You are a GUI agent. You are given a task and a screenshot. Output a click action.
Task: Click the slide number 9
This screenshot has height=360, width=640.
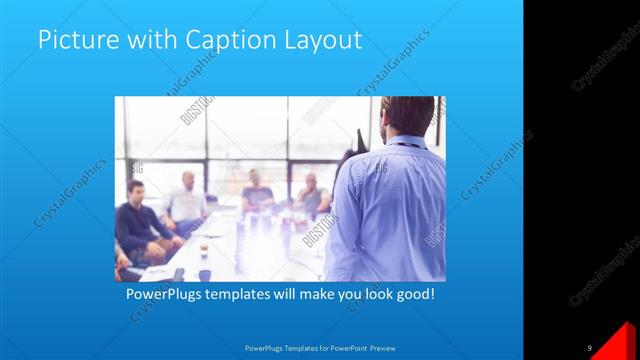[590, 347]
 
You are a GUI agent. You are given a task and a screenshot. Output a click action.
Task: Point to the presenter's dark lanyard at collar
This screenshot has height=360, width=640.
[405, 144]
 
